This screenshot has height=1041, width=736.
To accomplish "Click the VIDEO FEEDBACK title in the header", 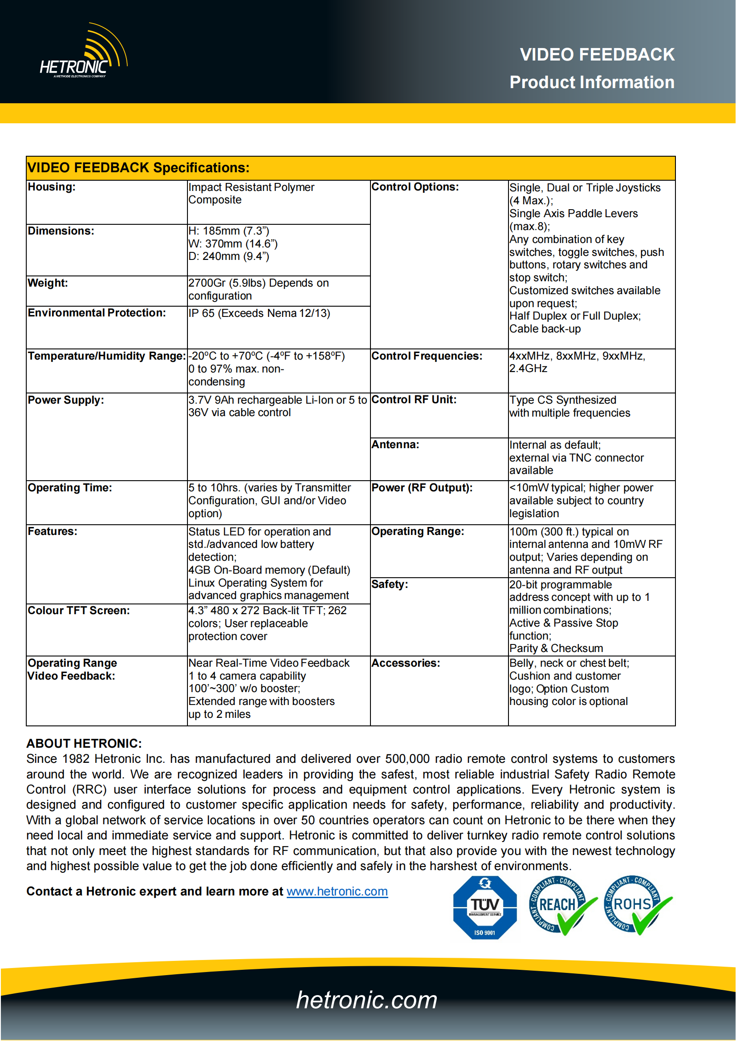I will coord(597,54).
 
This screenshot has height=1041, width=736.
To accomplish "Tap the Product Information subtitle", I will coord(591,82).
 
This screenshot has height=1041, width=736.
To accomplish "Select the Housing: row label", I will coord(52,187).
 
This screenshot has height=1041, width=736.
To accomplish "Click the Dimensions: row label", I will coord(61,231).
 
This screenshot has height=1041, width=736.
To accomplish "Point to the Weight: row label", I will coord(48,283).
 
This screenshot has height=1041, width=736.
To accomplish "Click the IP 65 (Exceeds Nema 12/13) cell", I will coord(259,313).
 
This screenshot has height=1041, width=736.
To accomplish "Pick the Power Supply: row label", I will coord(66,400).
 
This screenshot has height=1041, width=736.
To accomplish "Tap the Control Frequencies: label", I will coord(426,356).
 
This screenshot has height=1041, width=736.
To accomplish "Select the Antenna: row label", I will coord(395,444).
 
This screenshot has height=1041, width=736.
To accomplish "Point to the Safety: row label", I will coord(390,584).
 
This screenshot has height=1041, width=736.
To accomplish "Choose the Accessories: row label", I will coord(406,663).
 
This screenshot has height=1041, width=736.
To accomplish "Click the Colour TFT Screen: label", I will coord(78,610).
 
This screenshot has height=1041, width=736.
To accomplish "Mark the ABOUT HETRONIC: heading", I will coord(84,743).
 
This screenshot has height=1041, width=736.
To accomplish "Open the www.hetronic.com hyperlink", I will coord(337,891).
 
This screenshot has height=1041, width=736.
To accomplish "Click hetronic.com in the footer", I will coord(366,1000).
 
